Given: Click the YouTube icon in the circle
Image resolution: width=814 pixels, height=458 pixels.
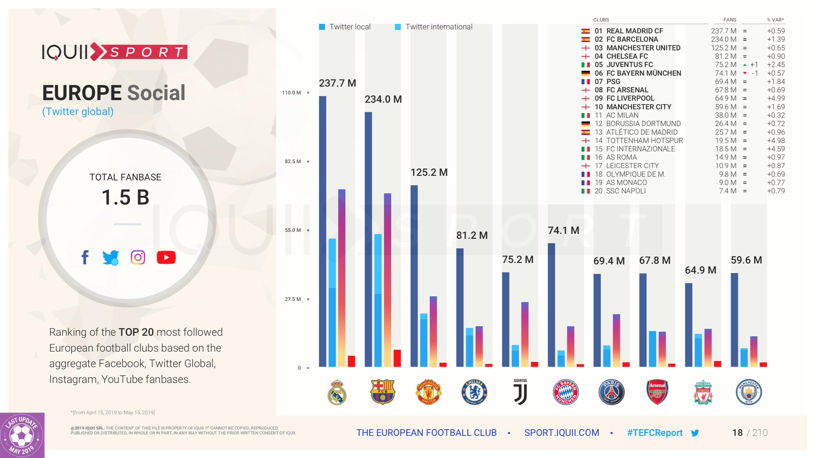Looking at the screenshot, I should tap(166, 257).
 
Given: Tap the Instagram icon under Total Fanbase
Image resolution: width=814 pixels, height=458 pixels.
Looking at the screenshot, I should tap(138, 257).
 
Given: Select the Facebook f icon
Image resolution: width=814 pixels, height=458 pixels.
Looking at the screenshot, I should tap(85, 257).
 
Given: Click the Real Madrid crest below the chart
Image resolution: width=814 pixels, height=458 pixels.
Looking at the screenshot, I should tap(337, 392).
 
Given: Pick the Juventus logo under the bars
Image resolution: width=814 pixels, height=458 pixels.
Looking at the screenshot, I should tap(520, 392).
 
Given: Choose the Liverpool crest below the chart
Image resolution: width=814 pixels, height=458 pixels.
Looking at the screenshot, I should tap(703, 392).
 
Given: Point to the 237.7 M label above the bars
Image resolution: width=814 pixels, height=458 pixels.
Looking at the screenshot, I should tap(337, 83).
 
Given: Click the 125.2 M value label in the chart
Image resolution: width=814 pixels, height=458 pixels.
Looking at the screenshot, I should tap(429, 172).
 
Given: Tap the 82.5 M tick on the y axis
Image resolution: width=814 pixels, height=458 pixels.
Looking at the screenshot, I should tap(293, 161).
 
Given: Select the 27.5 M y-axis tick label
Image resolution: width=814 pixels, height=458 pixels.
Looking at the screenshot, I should tap(293, 299).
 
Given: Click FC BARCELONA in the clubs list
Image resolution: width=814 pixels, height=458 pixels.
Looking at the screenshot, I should tap(632, 39).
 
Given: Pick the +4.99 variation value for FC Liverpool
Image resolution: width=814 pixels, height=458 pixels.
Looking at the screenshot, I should tap(776, 99).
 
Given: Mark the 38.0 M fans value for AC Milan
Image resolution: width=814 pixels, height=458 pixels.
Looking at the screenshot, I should tap(725, 115).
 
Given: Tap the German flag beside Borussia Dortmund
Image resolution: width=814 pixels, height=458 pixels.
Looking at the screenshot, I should tap(585, 124).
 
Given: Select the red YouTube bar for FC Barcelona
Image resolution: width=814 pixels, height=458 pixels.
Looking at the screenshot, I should tap(397, 358).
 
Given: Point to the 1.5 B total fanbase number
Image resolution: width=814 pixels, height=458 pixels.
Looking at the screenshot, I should tap(125, 197).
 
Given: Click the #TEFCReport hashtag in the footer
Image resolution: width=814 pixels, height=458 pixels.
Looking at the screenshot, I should tap(655, 433).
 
